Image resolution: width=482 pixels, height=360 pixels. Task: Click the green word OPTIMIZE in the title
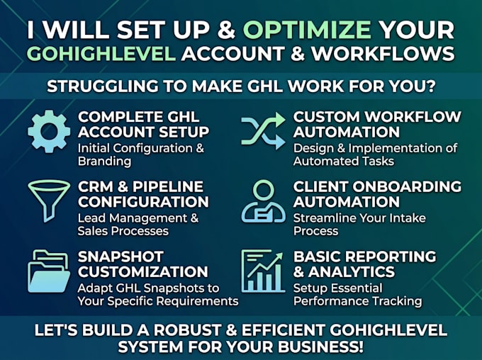307,30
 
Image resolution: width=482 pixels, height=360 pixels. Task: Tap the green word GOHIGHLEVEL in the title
101,54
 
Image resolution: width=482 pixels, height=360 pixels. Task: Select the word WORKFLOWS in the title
383,54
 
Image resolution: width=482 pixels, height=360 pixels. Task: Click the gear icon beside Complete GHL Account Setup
49,132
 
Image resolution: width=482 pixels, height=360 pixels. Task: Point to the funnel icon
49,201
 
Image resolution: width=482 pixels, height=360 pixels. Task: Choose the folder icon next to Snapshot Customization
49,271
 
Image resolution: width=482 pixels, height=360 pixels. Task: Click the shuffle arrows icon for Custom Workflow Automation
264,130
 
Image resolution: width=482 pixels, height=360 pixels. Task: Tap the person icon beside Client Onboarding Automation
264,201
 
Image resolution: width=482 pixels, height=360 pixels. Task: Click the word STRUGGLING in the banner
103,86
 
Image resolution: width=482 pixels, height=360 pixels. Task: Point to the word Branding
104,162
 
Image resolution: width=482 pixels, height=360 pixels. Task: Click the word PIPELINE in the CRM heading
168,186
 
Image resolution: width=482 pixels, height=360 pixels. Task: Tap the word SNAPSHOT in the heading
120,257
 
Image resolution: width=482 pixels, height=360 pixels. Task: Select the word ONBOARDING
407,186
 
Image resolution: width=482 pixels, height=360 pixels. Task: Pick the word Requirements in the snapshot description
197,301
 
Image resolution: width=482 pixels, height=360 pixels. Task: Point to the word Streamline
325,218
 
